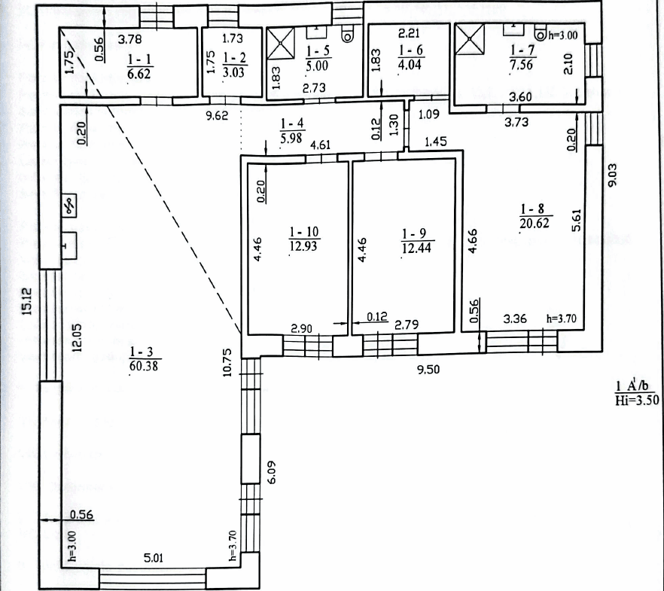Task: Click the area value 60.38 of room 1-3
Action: tap(144, 366)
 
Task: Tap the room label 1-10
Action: tap(303, 232)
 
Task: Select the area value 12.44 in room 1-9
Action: tap(416, 248)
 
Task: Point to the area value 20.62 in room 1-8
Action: tap(535, 223)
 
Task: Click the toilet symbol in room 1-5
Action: tap(347, 33)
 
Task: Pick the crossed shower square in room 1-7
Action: tap(470, 39)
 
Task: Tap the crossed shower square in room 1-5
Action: tap(281, 43)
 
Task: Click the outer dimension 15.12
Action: tap(26, 301)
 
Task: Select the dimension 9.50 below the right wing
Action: tap(428, 370)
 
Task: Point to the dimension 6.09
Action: tap(272, 472)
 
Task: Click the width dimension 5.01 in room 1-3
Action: tap(154, 558)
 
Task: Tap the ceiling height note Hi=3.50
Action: tap(637, 401)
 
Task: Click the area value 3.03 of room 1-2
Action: tap(233, 72)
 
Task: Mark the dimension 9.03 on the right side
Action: tap(612, 175)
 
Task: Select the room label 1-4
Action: tap(292, 123)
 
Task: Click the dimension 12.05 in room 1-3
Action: tap(77, 337)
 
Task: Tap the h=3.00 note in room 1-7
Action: tap(563, 35)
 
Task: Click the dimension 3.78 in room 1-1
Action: tap(129, 39)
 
